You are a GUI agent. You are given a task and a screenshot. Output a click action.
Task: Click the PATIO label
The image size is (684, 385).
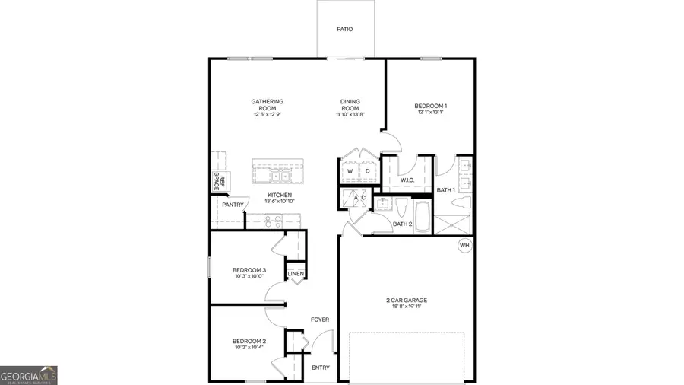coord(345,30)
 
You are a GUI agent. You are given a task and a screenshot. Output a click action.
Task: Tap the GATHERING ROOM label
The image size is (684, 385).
coord(268,105)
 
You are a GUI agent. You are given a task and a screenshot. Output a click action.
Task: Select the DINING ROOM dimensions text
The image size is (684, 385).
coord(350,115)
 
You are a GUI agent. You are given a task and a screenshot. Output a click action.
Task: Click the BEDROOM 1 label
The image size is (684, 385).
coord(430,106)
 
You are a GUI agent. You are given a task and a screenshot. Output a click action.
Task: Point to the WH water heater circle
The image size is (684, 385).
coord(464,245)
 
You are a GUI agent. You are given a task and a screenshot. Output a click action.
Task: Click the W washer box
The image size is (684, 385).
coord(350,172)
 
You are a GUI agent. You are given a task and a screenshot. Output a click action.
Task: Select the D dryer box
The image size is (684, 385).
coord(367,172)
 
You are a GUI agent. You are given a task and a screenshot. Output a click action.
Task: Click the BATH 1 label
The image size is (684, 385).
coord(446,189)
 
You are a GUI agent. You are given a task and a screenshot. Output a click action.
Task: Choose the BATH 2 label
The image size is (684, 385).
coord(402,224)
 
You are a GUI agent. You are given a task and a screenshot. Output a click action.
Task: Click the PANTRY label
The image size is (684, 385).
coord(233,205)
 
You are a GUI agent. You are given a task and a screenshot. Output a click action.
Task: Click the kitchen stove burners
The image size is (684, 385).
coord(272,221)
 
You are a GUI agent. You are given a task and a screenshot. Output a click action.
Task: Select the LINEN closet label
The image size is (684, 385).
coord(296,274)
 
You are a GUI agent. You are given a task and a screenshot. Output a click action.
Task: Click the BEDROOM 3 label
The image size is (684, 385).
coord(249,270)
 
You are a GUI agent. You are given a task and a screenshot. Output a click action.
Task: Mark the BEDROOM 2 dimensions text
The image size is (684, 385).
coord(249,348)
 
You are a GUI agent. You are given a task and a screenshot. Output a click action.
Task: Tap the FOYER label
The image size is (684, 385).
coord(320,320)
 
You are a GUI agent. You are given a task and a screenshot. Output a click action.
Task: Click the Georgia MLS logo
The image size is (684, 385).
coord(29,375)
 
